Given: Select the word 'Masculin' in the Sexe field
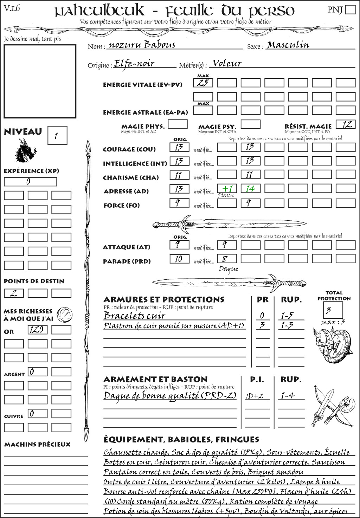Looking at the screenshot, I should point(288,45).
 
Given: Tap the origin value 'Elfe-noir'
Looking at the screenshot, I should point(134,64).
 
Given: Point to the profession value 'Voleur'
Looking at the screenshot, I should point(227,64).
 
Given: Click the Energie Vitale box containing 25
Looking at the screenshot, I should point(203,83).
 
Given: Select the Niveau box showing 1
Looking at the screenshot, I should point(57,136).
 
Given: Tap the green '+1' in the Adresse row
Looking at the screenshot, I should point(227,189).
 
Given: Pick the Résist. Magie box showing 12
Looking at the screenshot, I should point(346,124).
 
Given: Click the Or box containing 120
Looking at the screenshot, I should point(37,330).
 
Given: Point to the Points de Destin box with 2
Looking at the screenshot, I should point(14,293).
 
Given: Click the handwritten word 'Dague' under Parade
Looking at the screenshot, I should point(228,269).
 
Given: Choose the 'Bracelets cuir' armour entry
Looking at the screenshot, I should point(135,316).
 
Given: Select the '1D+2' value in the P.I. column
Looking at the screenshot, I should point(255,396).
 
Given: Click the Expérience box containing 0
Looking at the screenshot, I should point(30,182).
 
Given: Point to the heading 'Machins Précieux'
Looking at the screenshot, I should point(37,445).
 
